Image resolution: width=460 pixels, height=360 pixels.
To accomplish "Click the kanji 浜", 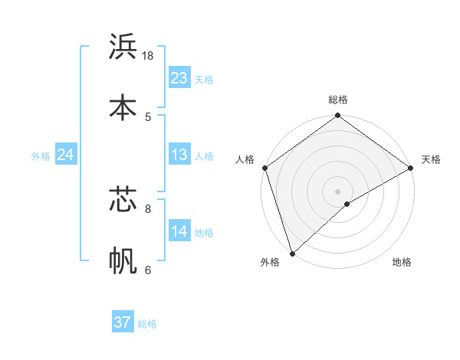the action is click(x=123, y=47).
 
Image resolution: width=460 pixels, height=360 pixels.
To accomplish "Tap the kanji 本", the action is click(x=123, y=107).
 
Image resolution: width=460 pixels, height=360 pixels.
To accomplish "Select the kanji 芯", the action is click(x=123, y=199).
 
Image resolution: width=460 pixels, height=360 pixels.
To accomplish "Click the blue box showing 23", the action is click(x=179, y=78).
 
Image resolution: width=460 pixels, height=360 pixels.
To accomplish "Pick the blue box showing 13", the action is click(x=179, y=155).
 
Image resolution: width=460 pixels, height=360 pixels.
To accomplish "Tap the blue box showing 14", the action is click(x=179, y=231).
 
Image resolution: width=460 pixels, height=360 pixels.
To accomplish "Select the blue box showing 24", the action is click(x=65, y=155).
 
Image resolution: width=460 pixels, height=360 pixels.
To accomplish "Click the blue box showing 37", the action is click(x=122, y=322).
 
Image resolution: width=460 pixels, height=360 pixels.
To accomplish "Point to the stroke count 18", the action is click(x=148, y=56).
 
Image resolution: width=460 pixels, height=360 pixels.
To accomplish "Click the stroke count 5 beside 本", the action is click(x=148, y=116).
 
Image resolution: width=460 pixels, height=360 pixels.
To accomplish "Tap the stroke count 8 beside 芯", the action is click(x=148, y=208).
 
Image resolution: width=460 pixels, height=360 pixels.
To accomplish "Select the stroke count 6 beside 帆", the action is click(x=148, y=270).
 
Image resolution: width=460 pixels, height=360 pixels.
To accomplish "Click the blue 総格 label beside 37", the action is click(x=147, y=324).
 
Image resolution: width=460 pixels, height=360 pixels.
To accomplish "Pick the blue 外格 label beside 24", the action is click(x=41, y=156).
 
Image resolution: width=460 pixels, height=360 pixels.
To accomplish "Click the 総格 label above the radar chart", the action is click(x=338, y=100).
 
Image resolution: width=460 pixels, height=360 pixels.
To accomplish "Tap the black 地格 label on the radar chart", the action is click(x=402, y=263).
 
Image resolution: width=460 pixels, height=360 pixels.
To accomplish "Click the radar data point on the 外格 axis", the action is click(x=292, y=253).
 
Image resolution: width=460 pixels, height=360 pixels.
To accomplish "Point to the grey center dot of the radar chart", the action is click(x=337, y=191).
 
